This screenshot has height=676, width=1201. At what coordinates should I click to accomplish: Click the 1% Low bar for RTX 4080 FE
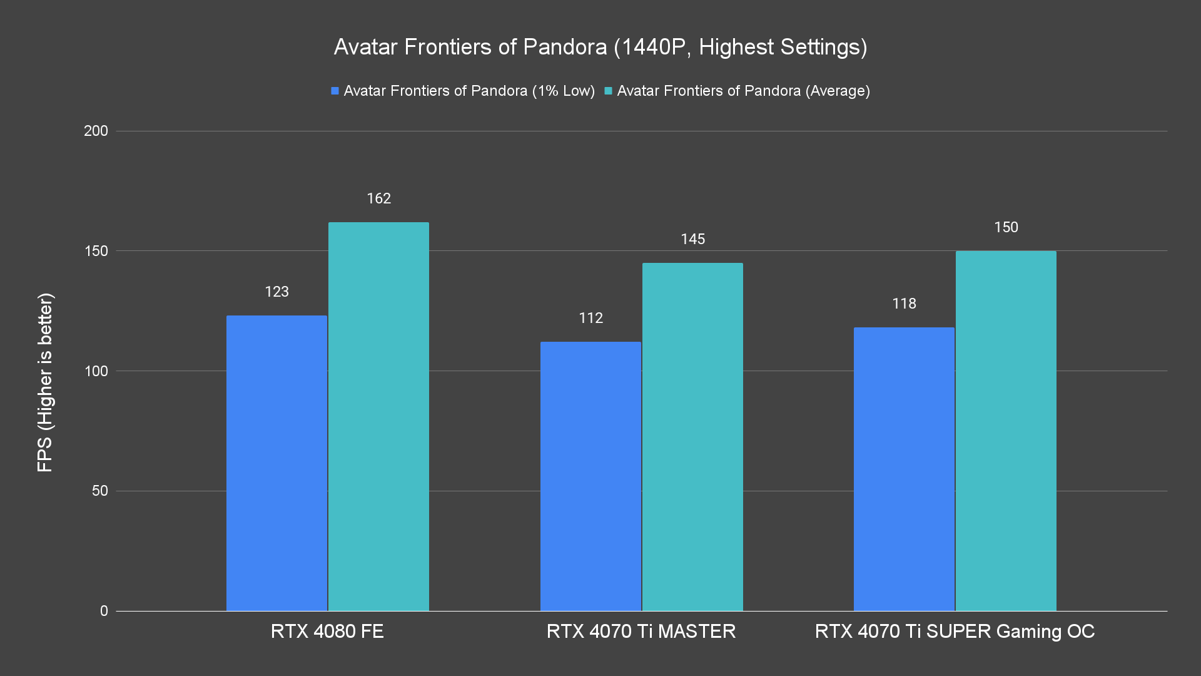[276, 463]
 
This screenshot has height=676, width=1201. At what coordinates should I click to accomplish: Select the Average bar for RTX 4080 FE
[378, 416]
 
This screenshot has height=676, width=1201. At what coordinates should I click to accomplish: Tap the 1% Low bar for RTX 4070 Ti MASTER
[590, 476]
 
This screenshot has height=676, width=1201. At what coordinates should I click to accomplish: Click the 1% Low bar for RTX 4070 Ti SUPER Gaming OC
[904, 469]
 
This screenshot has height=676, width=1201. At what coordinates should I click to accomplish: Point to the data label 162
[378, 199]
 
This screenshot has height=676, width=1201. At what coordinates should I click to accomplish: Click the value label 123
[276, 292]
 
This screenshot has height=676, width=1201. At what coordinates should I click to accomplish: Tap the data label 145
[692, 239]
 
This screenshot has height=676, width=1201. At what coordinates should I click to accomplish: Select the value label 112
[590, 318]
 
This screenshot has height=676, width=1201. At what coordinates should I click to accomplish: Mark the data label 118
[904, 304]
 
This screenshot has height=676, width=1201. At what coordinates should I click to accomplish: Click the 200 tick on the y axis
[96, 131]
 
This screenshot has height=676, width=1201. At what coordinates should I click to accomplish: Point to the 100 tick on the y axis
[96, 371]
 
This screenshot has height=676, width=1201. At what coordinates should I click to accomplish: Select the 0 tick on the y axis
[104, 611]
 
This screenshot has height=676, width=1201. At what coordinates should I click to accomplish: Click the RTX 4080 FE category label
[327, 631]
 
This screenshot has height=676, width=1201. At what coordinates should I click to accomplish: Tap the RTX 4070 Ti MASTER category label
[641, 631]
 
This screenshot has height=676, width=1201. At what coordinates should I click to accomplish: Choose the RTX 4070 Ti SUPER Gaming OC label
[955, 631]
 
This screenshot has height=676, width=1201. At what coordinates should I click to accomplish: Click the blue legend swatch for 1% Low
[335, 91]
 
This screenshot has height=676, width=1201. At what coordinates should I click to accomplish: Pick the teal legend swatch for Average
[608, 91]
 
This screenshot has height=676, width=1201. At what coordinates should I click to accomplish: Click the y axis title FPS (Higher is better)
[45, 382]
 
